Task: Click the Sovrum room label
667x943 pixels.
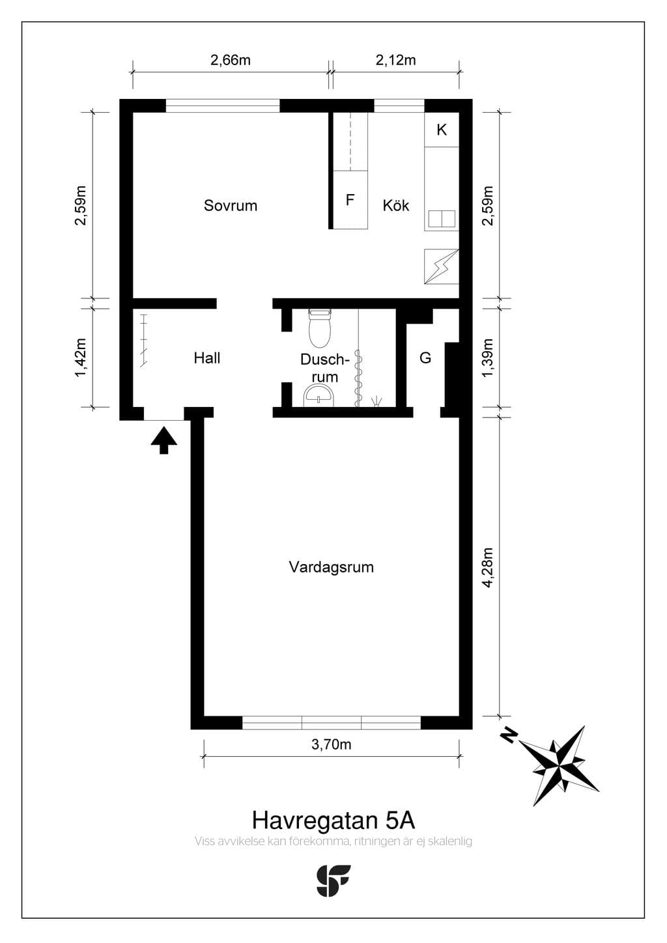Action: pos(231,205)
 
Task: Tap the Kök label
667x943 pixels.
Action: pos(396,205)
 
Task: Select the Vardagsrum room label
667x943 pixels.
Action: pos(332,567)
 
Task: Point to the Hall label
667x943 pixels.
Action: pos(206,358)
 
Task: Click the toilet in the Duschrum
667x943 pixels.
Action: pos(320,328)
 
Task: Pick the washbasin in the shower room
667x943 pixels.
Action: pos(319,396)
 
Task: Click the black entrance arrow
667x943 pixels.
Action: pos(163,440)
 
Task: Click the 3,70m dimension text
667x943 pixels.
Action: pos(332,745)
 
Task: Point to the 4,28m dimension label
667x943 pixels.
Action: pos(488,567)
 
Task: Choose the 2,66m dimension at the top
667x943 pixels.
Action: pos(231,61)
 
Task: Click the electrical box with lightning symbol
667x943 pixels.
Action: pos(441,266)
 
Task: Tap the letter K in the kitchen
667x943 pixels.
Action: pos(442,130)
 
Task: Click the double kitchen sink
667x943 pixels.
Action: pos(442,219)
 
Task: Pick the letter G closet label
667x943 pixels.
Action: pos(425,358)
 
